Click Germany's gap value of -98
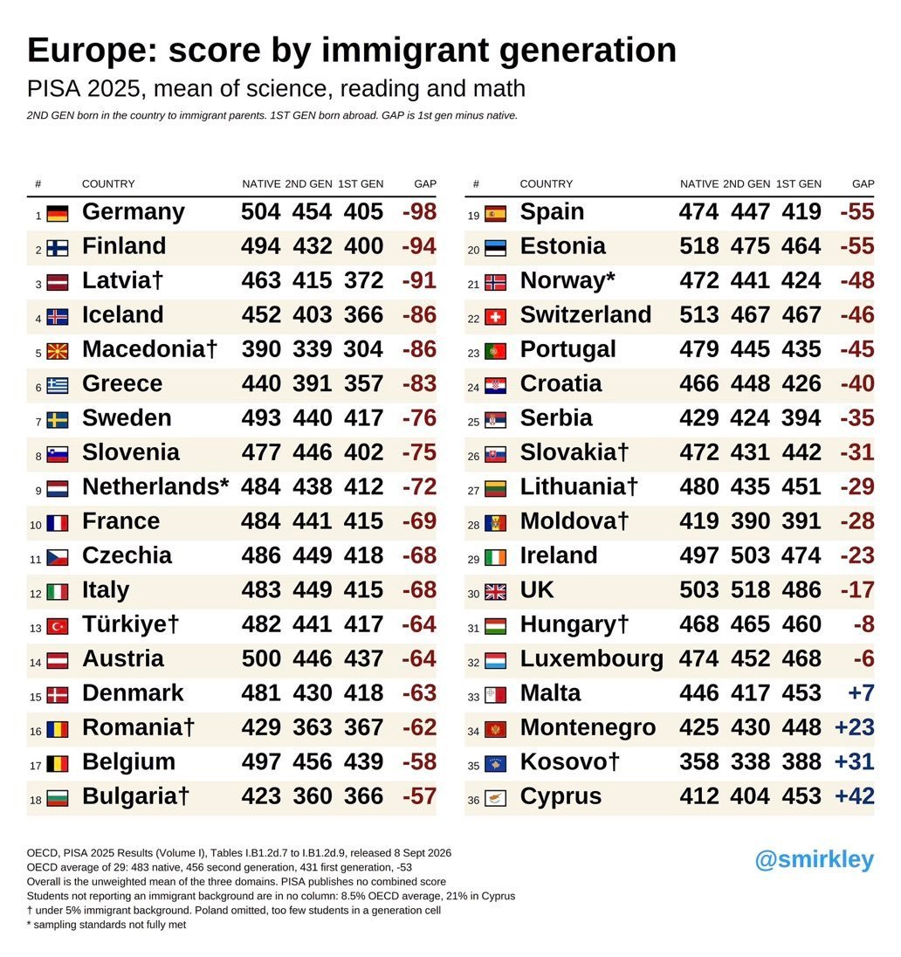[x=419, y=212]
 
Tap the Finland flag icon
[x=58, y=248]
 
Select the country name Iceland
[x=123, y=315]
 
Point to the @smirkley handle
[x=815, y=859]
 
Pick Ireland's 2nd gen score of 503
[x=750, y=555]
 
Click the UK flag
[x=495, y=592]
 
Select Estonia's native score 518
[x=699, y=246]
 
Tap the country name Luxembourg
[x=592, y=659]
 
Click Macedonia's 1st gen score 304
[x=363, y=349]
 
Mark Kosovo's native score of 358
[x=699, y=761]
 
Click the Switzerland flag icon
[x=495, y=317]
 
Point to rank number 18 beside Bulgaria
[x=36, y=800]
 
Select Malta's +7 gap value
[x=862, y=693]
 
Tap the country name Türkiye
[x=130, y=624]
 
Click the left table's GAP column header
[x=425, y=183]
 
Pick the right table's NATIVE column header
[x=699, y=183]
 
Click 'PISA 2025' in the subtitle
[x=84, y=89]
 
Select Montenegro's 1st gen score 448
[x=801, y=727]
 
